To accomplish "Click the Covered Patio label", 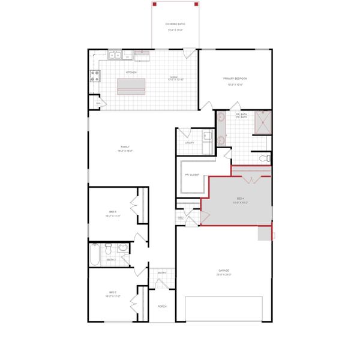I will (175, 24).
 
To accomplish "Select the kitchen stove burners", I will (94, 76).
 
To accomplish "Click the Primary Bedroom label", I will (235, 79).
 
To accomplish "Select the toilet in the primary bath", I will (267, 158).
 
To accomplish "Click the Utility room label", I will (189, 143).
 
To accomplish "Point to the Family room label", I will (125, 146).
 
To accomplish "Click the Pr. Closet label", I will (192, 175).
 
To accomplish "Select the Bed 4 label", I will (241, 199).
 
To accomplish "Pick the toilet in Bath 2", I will (109, 247).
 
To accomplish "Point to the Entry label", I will (162, 273).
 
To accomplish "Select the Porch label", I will (162, 306).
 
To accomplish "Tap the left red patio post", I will (154, 4).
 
